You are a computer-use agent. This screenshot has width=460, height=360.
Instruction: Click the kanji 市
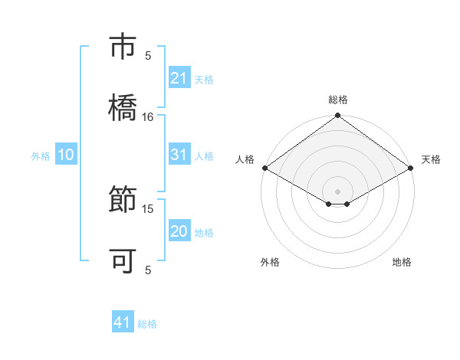pos(123,47)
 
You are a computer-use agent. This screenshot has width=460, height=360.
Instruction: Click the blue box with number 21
pos(179,78)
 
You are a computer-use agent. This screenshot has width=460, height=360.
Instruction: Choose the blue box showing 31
pos(179,155)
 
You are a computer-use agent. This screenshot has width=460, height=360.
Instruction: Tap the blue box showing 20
pos(179,231)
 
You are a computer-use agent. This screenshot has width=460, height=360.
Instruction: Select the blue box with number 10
pos(66,155)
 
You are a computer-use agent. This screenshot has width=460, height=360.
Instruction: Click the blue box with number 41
pos(123,322)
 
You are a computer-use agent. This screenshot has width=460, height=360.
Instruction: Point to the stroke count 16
pos(148,116)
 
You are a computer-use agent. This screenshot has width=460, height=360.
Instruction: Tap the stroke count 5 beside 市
pos(148,55)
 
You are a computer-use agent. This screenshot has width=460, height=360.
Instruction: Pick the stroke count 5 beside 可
pos(148,270)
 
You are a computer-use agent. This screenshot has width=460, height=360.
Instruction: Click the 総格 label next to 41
pos(147,324)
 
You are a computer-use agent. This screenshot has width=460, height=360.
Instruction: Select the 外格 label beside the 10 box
pos(41,156)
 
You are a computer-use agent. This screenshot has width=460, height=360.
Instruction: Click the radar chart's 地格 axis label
pos(402,263)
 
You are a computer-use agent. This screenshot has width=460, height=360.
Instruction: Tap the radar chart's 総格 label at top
pos(338,100)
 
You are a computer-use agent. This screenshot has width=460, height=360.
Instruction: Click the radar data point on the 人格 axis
pos(264,168)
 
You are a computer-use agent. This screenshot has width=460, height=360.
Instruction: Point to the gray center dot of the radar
pos(338,191)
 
